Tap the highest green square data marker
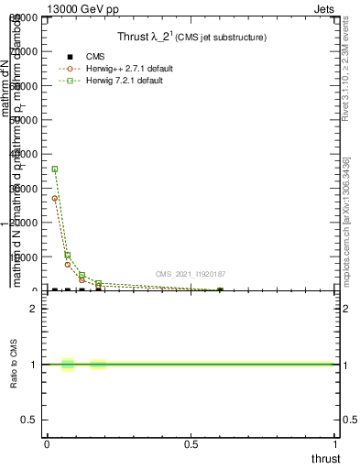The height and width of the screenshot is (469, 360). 55,169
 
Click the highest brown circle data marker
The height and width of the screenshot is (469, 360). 55,198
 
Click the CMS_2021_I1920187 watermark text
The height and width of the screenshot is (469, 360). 191,274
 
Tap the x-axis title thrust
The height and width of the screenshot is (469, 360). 325,459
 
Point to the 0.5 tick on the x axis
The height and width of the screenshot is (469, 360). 191,445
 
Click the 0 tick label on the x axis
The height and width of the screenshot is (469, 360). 47,445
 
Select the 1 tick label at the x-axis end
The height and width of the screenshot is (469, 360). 336,445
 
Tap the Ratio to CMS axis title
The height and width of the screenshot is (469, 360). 15,365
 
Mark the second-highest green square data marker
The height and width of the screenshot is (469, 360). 68,256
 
